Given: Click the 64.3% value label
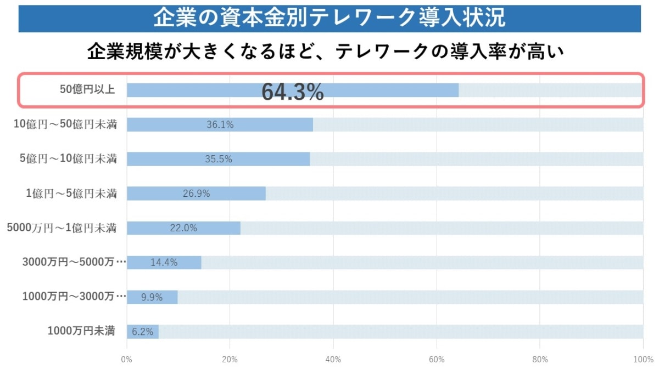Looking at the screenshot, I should point(292,92).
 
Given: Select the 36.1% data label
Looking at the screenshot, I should point(220,125).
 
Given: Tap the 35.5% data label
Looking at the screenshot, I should point(218,160).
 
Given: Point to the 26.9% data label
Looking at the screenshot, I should point(196,193).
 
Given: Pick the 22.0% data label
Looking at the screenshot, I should point(183,228).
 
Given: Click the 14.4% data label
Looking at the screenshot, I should point(164,263).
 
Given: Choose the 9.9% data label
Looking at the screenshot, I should point(152,297).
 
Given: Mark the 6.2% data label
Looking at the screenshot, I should point(142,332).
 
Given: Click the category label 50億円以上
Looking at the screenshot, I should point(87,90).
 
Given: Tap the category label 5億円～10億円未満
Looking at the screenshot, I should point(68,159).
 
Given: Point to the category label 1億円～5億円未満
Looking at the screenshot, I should point(71,193).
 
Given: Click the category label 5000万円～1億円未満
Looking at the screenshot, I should point(62,227).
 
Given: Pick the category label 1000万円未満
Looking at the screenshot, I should point(81,331).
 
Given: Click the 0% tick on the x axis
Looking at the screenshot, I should point(127,360).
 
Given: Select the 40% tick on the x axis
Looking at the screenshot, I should point(333,360).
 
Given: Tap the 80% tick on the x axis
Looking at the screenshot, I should point(540,360).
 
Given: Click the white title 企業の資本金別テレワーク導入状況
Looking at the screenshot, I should point(329,18).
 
